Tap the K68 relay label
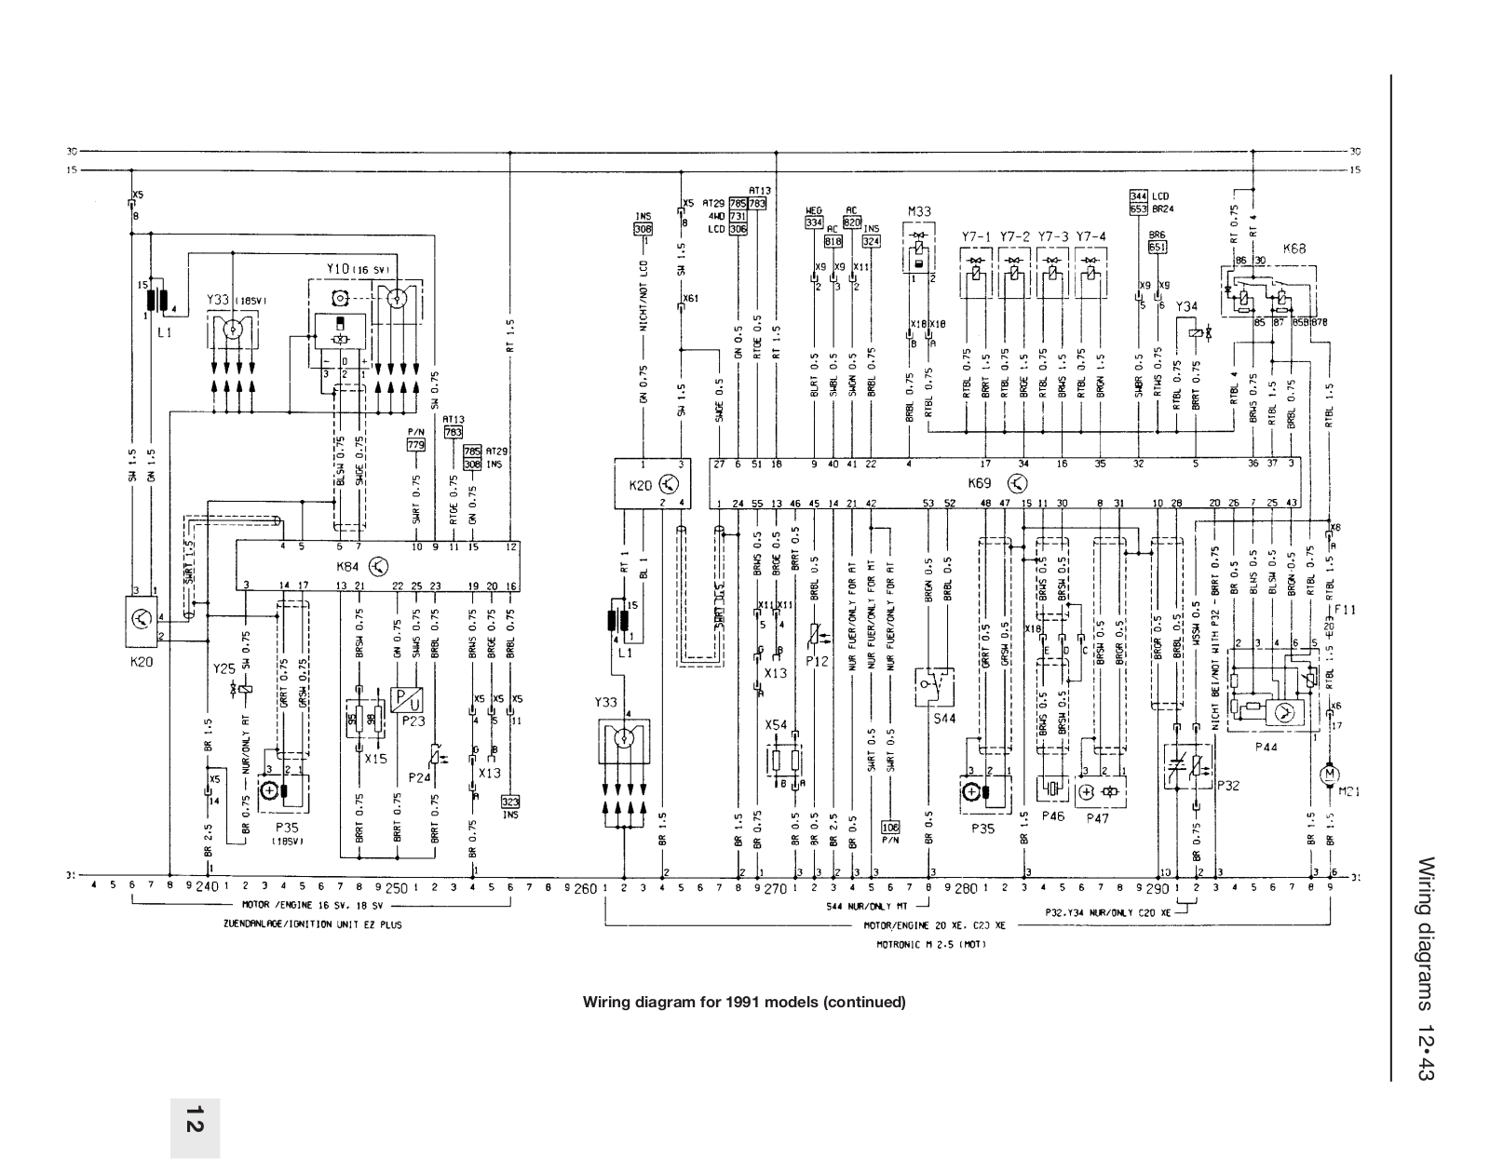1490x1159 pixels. (1294, 249)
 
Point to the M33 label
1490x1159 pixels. (919, 212)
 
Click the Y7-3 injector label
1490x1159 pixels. (1051, 236)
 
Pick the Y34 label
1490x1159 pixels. (1186, 306)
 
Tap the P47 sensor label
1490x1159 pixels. (1100, 818)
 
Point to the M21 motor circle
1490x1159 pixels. (1330, 774)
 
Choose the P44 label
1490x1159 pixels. (1266, 747)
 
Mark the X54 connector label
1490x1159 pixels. (775, 724)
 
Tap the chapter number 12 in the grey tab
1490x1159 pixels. (195, 1120)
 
